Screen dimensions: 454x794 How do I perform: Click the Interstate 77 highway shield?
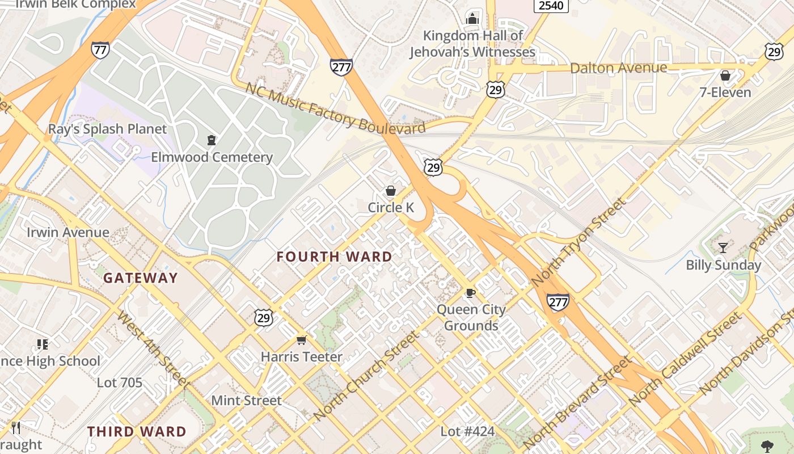(100, 50)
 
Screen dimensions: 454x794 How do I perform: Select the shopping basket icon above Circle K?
(390, 191)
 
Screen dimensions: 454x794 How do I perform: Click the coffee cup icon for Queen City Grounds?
(470, 293)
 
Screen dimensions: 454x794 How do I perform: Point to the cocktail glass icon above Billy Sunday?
(723, 247)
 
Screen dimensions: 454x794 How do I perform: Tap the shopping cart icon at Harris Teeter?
(301, 340)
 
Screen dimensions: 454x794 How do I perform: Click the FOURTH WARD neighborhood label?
(334, 257)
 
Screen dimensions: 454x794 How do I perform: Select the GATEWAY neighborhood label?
(141, 278)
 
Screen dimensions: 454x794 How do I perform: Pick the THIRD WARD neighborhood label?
(137, 432)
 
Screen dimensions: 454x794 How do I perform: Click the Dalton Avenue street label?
(618, 68)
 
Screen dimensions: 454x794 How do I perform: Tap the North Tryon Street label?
(579, 242)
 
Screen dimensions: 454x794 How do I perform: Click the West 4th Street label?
(153, 348)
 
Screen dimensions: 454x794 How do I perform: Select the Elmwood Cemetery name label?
(212, 157)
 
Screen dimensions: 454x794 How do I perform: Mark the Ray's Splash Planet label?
(107, 129)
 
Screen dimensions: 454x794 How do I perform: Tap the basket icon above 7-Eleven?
(725, 75)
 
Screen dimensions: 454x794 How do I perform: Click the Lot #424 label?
(467, 432)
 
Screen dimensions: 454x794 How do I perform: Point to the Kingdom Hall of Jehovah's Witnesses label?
(472, 44)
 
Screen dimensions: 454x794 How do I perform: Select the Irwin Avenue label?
(68, 232)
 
